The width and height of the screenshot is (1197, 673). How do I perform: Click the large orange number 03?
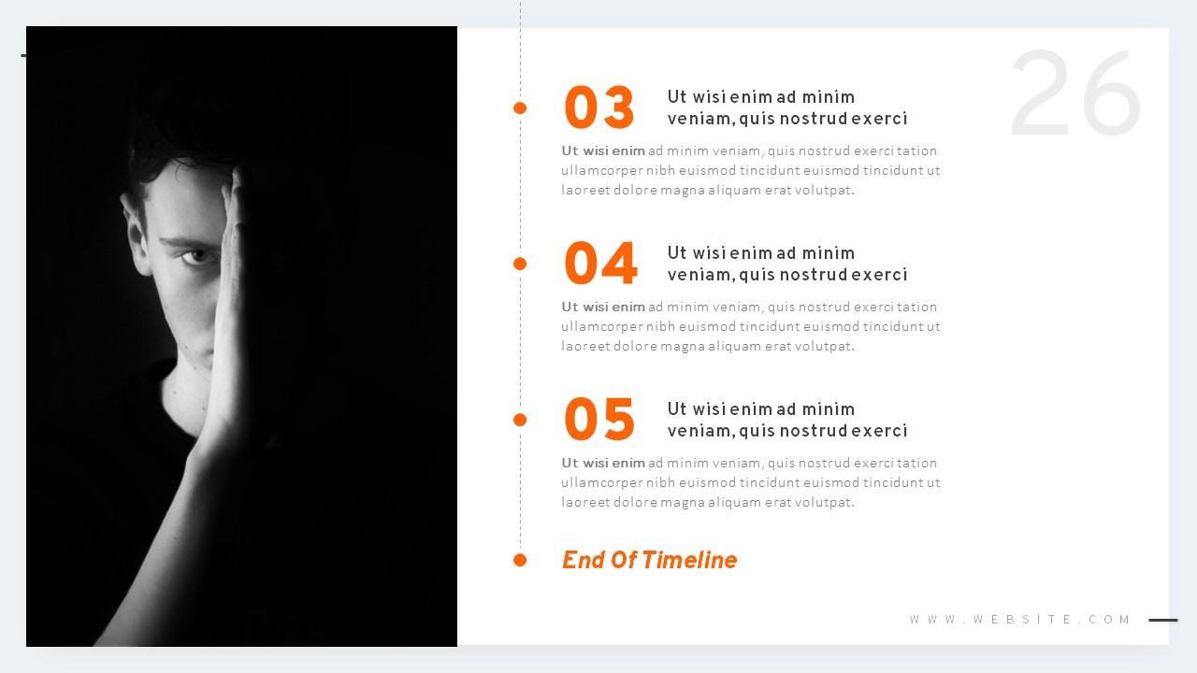pos(599,108)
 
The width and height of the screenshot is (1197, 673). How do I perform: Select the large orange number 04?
pos(600,265)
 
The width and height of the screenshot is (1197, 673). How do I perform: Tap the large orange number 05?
pos(599,421)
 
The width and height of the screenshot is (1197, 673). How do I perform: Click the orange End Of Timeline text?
pos(649,560)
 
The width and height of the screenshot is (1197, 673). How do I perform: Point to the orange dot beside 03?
pos(520,108)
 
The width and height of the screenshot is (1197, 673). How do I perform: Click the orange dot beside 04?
pos(520,264)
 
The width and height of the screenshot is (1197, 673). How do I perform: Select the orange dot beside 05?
pos(520,420)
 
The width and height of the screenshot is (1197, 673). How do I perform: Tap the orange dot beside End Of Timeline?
pos(520,560)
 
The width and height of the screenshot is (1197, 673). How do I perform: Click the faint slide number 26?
pos(1075,93)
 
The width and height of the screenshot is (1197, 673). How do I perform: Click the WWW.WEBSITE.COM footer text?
pos(1020,620)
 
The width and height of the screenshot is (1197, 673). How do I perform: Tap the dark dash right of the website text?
pos(1163,620)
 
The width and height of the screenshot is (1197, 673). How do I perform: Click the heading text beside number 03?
pos(786,107)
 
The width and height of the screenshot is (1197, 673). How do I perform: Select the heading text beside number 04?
pos(786,264)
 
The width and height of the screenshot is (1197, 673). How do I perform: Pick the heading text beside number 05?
pos(786,420)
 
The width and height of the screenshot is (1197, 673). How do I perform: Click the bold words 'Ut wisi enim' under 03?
pos(603,150)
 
